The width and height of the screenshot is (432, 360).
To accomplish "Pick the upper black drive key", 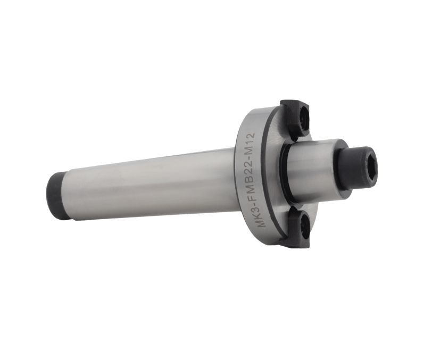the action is click(x=294, y=118).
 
